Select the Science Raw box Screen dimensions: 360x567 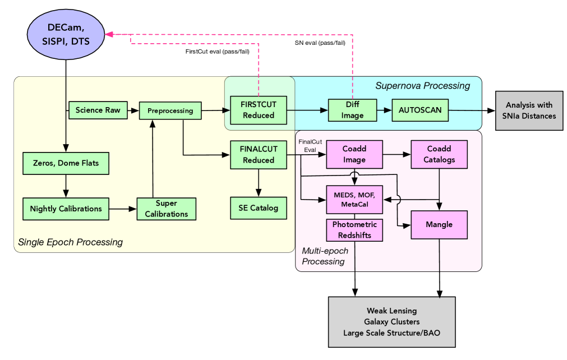pyautogui.click(x=98, y=110)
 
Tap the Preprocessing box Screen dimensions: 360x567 pyautogui.click(x=170, y=110)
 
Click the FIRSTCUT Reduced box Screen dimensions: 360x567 pyautogui.click(x=259, y=110)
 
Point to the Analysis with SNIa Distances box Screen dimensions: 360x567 pyautogui.click(x=529, y=110)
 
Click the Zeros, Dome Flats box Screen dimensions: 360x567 pyautogui.click(x=66, y=163)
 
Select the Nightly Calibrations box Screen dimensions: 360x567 pyautogui.click(x=66, y=209)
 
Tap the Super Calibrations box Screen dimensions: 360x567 pyautogui.click(x=166, y=209)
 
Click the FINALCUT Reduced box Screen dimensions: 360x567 pyautogui.click(x=259, y=155)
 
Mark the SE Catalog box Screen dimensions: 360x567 pyautogui.click(x=259, y=207)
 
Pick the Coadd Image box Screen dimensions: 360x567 pyautogui.click(x=354, y=155)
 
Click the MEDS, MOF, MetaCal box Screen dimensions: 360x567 pyautogui.click(x=354, y=199)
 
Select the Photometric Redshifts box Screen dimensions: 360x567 pyautogui.click(x=354, y=230)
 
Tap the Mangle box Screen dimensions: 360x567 pyautogui.click(x=440, y=224)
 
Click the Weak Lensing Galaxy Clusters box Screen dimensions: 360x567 pyautogui.click(x=391, y=322)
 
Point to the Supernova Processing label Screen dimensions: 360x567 pyautogui.click(x=422, y=86)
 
